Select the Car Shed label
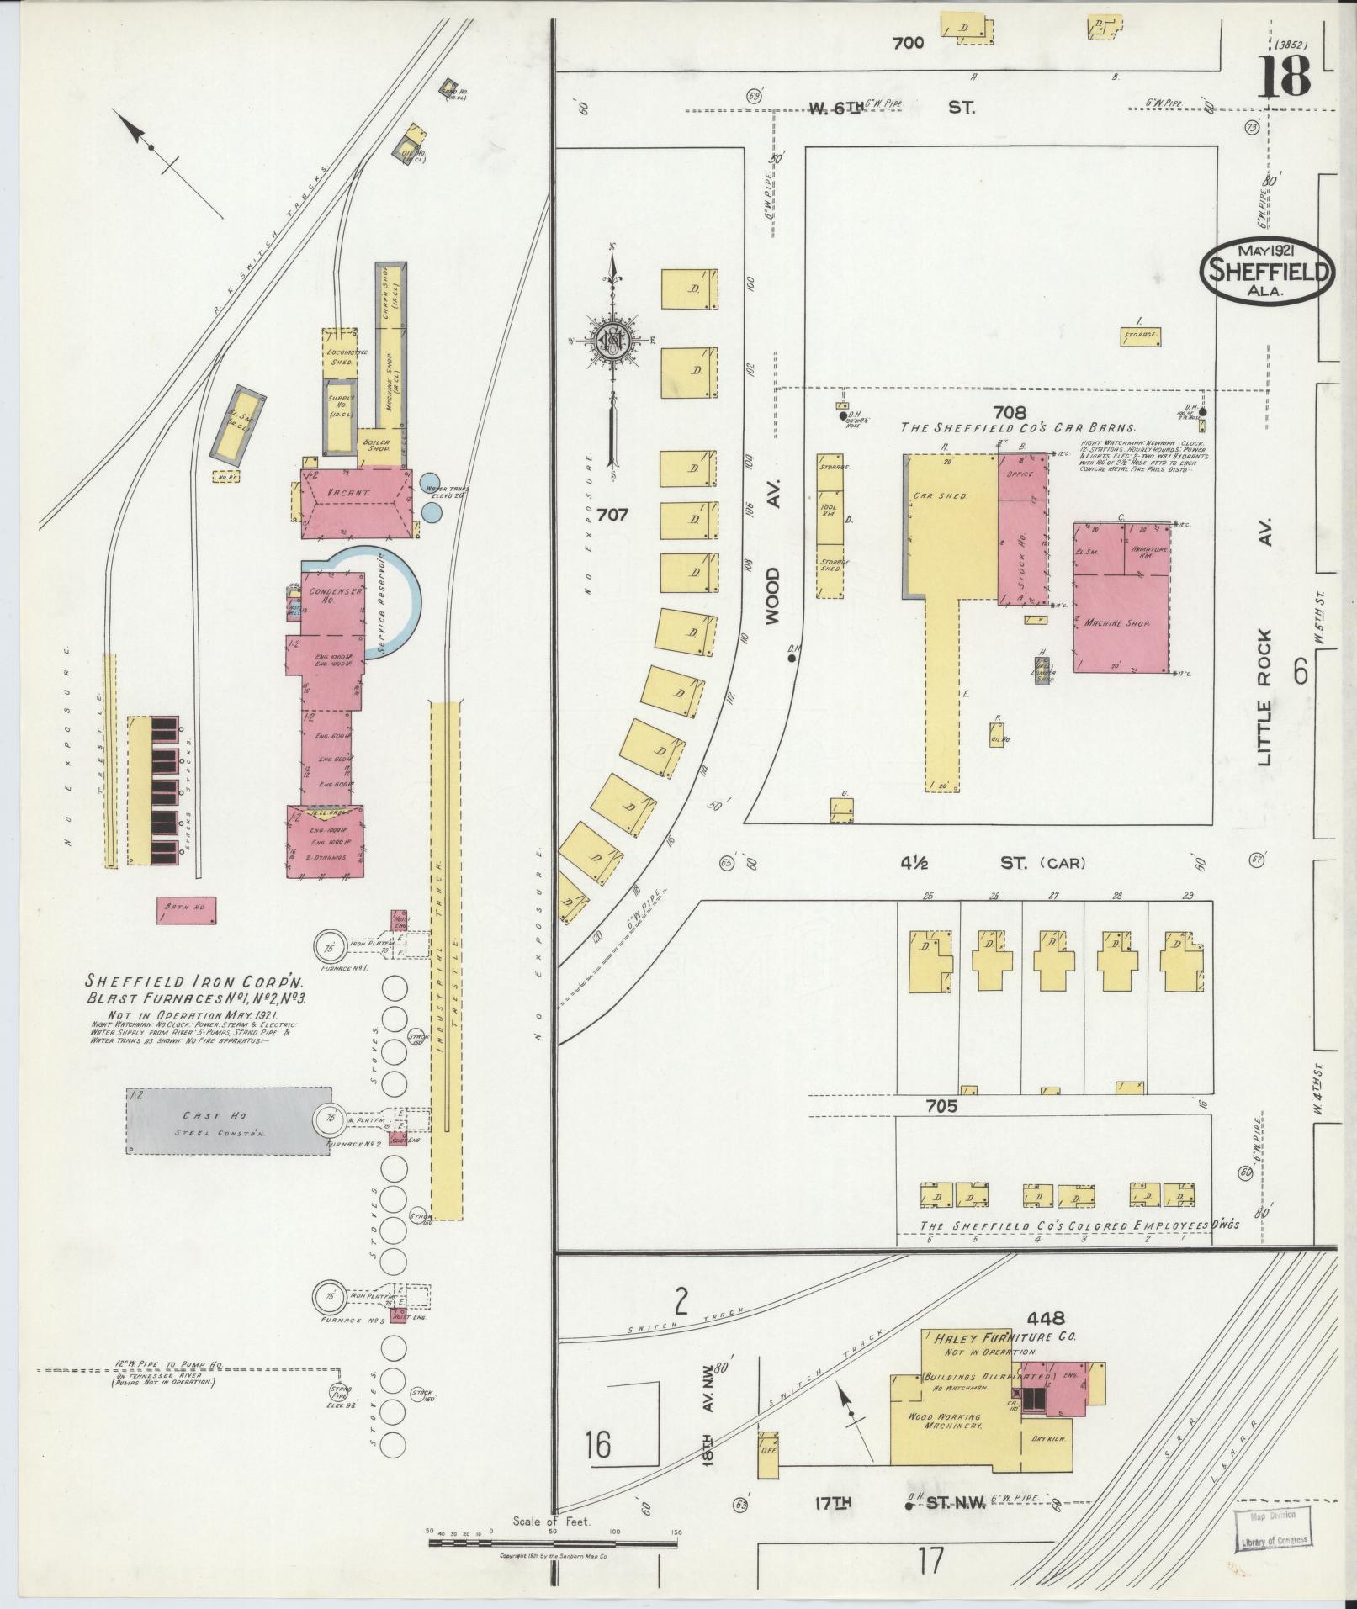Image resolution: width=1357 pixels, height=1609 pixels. coord(941,496)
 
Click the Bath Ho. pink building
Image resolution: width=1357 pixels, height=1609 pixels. coord(187,908)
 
